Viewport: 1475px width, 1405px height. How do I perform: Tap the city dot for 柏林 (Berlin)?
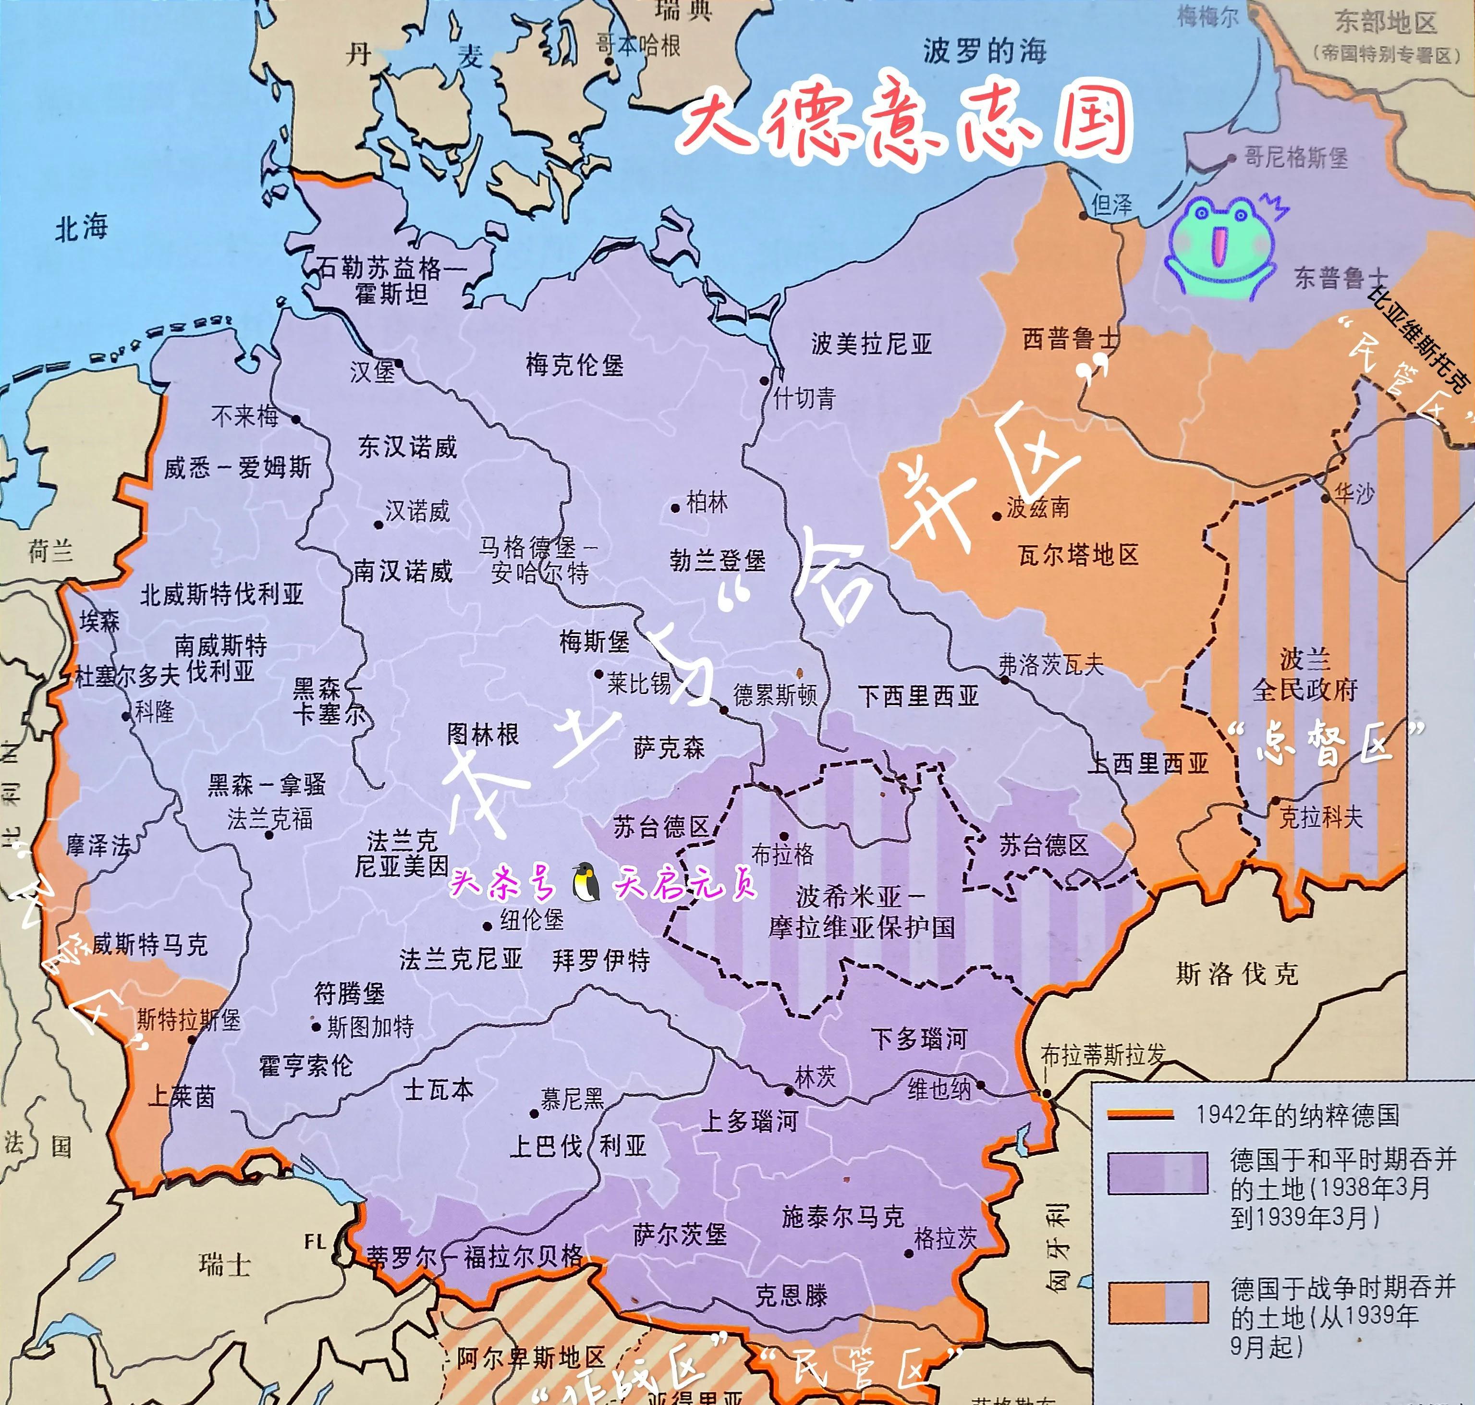pos(675,507)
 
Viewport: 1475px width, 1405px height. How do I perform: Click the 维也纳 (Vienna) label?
pos(939,1088)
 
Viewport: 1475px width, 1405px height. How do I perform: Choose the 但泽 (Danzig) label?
pos(1112,205)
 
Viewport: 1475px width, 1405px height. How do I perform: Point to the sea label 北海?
pos(81,227)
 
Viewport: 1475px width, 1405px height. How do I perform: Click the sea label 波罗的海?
pos(984,51)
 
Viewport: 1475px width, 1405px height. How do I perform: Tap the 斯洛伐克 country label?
pos(1237,974)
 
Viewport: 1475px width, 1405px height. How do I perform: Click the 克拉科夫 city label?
pos(1321,816)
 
